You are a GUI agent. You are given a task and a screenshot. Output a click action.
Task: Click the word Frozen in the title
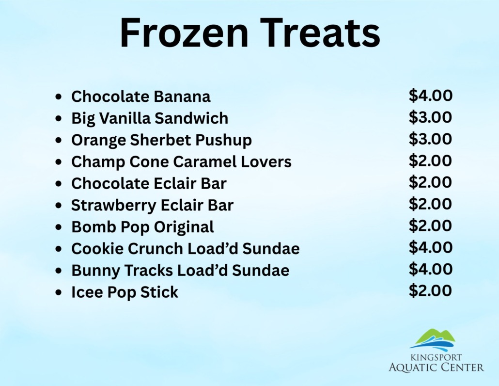(x=184, y=32)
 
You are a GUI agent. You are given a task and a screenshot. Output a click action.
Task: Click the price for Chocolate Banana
(x=430, y=96)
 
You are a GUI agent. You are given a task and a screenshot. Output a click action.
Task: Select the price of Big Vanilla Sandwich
(x=430, y=117)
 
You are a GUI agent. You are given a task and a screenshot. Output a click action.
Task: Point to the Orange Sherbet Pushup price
(x=430, y=139)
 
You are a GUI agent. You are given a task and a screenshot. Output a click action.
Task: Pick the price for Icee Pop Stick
(x=430, y=290)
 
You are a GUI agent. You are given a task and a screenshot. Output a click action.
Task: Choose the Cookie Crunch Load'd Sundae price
(x=430, y=247)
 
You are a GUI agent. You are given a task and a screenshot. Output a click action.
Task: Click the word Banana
(x=182, y=96)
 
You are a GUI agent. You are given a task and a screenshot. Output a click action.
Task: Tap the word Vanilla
(x=125, y=118)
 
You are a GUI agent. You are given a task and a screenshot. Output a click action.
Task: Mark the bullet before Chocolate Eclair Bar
(x=58, y=184)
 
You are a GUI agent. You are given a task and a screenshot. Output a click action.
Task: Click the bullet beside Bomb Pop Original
(x=58, y=227)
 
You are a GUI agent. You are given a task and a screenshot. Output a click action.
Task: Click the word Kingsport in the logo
(x=436, y=357)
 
